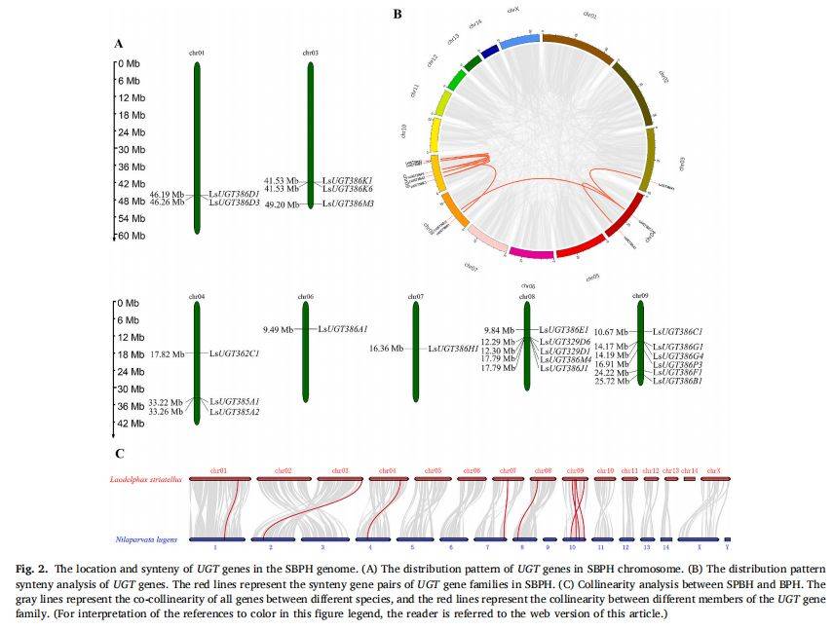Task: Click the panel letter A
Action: coord(119,44)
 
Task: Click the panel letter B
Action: coord(397,14)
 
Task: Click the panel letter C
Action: coord(119,454)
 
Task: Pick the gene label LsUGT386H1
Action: coord(459,348)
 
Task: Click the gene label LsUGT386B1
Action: coord(679,381)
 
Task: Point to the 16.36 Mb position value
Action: coord(388,348)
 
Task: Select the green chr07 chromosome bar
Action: coord(416,352)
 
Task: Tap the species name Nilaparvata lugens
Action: coord(146,538)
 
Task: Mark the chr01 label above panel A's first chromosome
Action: coord(197,54)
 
